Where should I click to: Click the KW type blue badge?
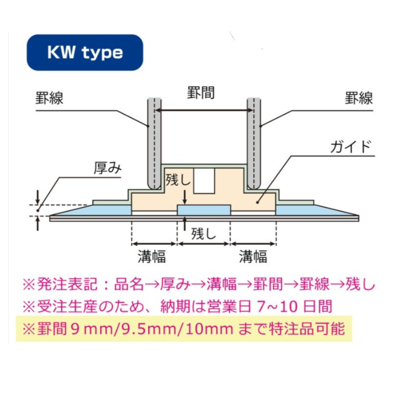click(85, 52)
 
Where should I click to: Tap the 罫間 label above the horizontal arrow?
click(201, 93)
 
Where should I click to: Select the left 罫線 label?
click(50, 98)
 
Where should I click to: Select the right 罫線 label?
click(359, 98)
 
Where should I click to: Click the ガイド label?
click(351, 147)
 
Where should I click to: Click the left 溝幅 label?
click(152, 256)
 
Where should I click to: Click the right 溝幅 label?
click(253, 256)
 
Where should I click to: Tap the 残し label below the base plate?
click(204, 234)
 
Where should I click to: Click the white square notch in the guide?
click(204, 181)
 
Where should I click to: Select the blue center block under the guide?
click(204, 210)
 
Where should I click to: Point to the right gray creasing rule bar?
click(253, 144)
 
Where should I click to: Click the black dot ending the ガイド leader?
click(258, 202)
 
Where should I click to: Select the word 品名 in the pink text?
click(129, 284)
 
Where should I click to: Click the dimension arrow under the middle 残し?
click(204, 244)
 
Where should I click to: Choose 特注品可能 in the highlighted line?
click(307, 329)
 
